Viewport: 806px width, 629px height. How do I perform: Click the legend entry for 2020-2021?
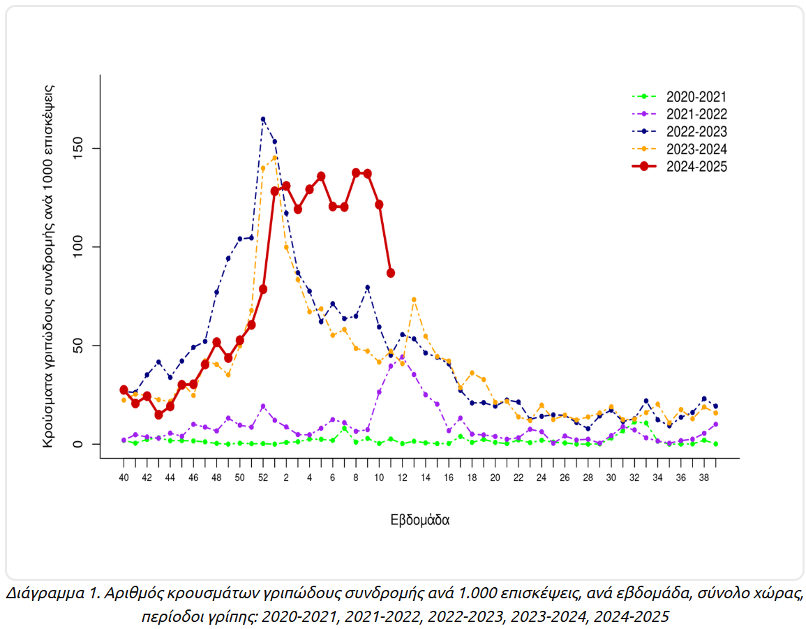point(696,96)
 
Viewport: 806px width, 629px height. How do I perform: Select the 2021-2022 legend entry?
point(696,114)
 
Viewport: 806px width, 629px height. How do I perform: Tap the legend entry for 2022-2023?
point(696,131)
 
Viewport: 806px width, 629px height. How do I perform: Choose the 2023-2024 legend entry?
point(696,149)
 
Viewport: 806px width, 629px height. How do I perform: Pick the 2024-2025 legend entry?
point(696,166)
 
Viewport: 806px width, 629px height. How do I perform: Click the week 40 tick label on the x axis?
point(124,478)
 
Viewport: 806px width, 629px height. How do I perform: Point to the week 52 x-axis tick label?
point(263,478)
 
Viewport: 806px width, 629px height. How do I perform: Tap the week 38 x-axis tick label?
point(704,478)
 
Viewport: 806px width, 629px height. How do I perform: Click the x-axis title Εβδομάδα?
point(419,521)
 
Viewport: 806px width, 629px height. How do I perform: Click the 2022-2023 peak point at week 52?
point(263,119)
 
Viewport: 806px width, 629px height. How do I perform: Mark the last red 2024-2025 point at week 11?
point(391,273)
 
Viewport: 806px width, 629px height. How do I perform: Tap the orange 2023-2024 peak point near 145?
point(275,158)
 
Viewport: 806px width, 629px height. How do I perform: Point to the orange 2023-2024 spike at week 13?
point(414,299)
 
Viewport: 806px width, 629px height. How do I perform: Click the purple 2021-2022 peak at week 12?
point(402,357)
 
